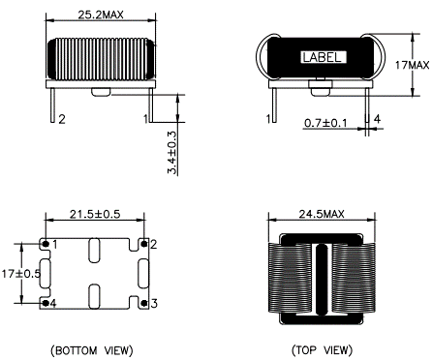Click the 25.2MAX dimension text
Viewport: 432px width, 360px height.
101,15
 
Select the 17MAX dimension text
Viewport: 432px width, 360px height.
413,65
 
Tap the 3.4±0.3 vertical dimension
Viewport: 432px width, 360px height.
172,153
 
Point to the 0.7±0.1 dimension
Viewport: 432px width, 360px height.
325,123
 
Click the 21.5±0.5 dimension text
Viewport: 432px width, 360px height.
95,214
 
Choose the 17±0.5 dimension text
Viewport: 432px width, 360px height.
21,274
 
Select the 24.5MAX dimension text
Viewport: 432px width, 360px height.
322,214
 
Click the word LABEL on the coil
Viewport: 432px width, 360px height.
322,58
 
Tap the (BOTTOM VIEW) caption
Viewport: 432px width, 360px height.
92,350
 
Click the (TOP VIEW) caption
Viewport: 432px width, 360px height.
322,350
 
